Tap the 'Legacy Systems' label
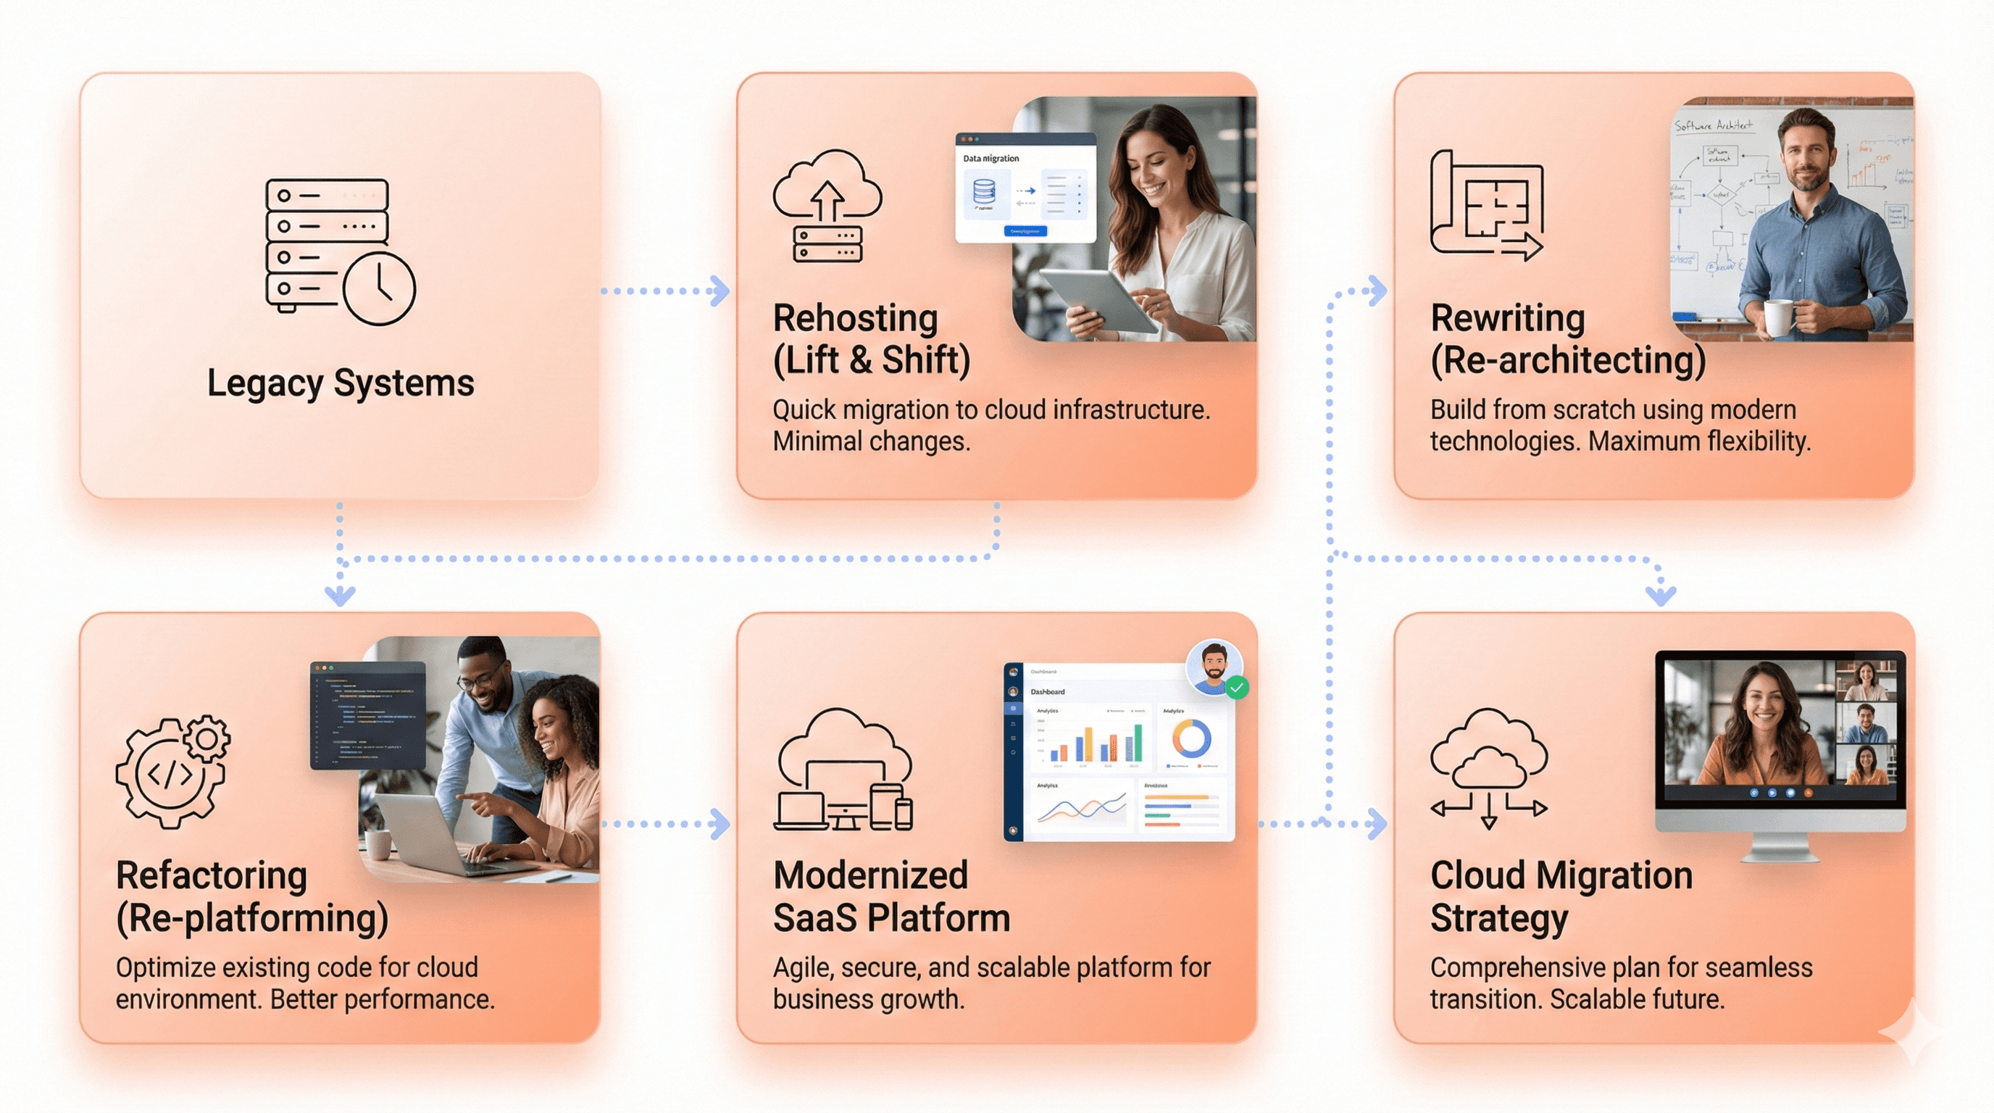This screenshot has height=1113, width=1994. pos(341,383)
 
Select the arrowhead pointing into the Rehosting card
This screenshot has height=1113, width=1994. pos(720,291)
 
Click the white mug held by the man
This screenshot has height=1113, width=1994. pos(1778,317)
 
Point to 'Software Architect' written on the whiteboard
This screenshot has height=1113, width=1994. pos(1713,125)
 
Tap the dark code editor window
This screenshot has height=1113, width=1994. pos(367,715)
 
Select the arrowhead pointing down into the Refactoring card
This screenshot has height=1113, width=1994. pos(340,595)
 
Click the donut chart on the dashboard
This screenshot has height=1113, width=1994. pos(1191,738)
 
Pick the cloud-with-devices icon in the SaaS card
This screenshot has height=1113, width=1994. pos(843,770)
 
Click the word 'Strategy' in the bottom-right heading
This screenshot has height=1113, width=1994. pos(1498,918)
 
